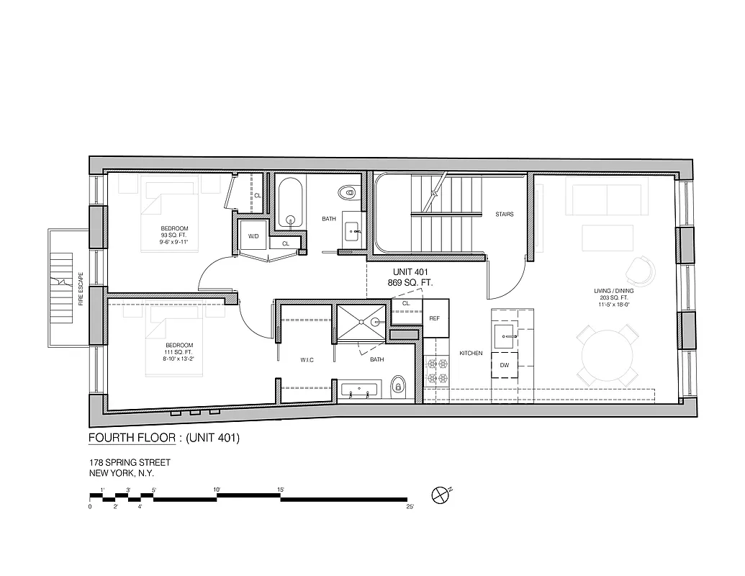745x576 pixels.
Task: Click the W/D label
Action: (253, 236)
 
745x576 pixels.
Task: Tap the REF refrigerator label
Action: (435, 318)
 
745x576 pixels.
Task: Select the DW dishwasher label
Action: (505, 365)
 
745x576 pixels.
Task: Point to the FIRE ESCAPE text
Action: (81, 289)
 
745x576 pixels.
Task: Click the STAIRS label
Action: (504, 215)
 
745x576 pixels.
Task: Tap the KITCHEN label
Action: (471, 354)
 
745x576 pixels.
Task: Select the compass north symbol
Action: (440, 495)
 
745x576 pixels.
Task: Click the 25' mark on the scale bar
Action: (410, 507)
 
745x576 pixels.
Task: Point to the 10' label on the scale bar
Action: (217, 490)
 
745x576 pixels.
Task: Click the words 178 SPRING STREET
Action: (130, 462)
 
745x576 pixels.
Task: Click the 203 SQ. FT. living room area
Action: (612, 297)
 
